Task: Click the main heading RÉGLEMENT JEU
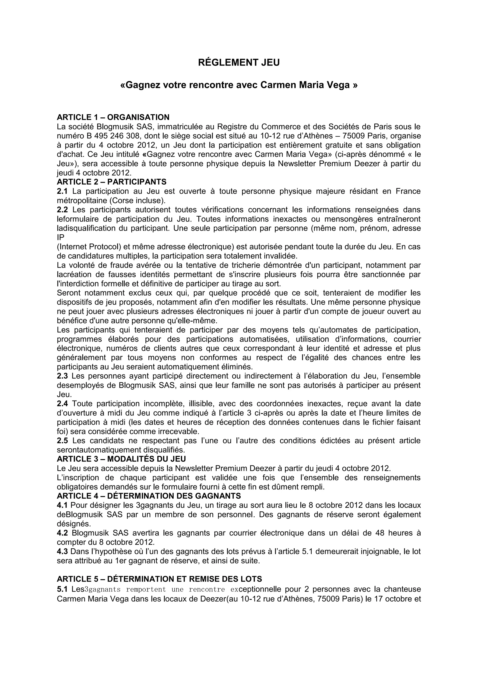click(239, 63)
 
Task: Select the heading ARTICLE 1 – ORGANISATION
click(113, 117)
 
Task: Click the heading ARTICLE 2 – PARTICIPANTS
click(112, 182)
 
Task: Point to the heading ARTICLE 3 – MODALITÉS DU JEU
click(121, 459)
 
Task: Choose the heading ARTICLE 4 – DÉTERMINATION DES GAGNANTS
click(149, 496)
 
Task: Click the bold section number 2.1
click(62, 191)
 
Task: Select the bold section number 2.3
click(62, 376)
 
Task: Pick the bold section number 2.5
click(62, 441)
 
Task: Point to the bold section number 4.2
click(62, 533)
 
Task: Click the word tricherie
click(243, 265)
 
